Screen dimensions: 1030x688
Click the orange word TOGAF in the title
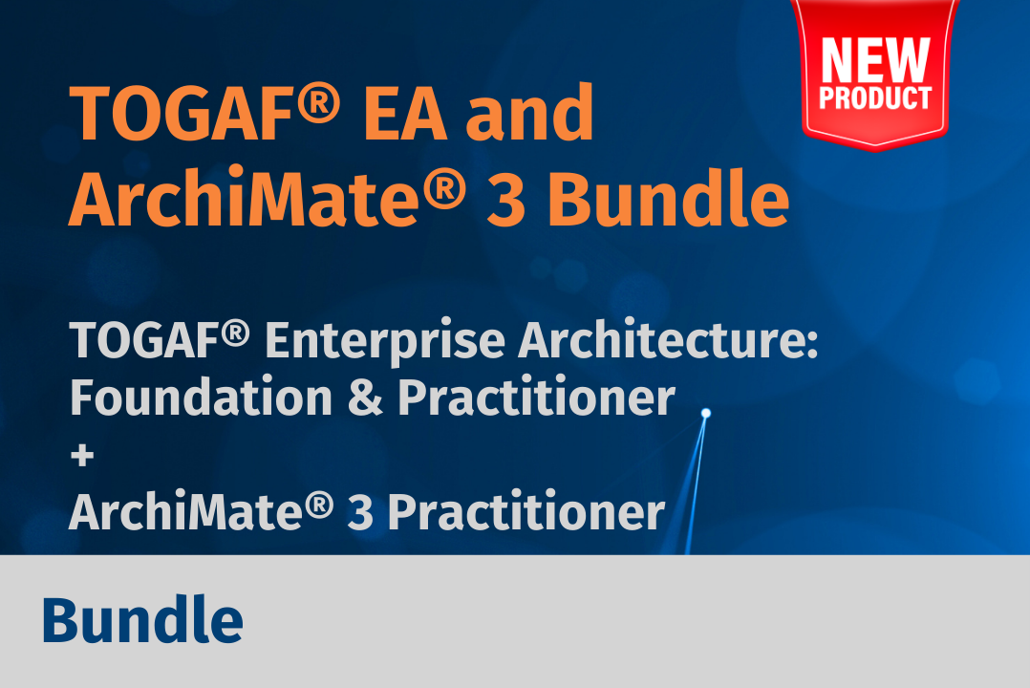[x=181, y=113]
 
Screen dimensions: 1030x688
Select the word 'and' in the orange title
[x=530, y=112]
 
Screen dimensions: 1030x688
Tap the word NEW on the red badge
[x=875, y=60]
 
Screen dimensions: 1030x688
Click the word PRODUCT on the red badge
[x=875, y=97]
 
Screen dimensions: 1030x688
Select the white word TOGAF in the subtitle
[x=144, y=341]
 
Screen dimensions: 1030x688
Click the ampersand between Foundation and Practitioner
[x=365, y=398]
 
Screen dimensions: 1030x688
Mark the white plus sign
[x=82, y=456]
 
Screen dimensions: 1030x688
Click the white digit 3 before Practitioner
[x=360, y=512]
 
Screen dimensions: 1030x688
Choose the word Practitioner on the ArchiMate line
[x=526, y=511]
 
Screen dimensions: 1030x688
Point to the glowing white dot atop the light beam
[x=706, y=414]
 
